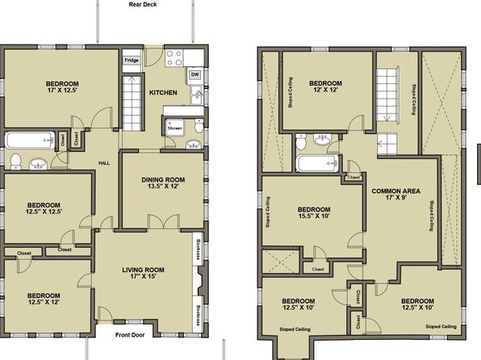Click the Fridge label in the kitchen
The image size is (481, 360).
click(132, 61)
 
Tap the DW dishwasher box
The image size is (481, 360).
click(194, 74)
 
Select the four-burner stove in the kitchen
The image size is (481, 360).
click(174, 57)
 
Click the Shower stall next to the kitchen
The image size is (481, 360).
click(175, 128)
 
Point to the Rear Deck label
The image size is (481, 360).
click(143, 5)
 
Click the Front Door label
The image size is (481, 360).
click(130, 335)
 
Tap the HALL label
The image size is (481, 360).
click(104, 163)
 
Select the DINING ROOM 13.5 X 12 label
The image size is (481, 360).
click(163, 183)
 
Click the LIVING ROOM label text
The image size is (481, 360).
click(144, 270)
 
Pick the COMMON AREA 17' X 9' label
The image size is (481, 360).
click(396, 195)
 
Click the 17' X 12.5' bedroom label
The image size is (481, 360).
click(62, 87)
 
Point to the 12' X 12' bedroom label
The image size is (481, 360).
click(325, 86)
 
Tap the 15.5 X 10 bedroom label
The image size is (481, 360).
click(314, 212)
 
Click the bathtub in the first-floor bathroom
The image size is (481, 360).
click(30, 140)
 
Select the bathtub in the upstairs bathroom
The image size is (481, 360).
click(318, 163)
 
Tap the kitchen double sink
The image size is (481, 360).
click(196, 94)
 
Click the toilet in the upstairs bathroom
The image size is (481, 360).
click(300, 141)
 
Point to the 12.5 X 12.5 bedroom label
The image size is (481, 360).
click(44, 208)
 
